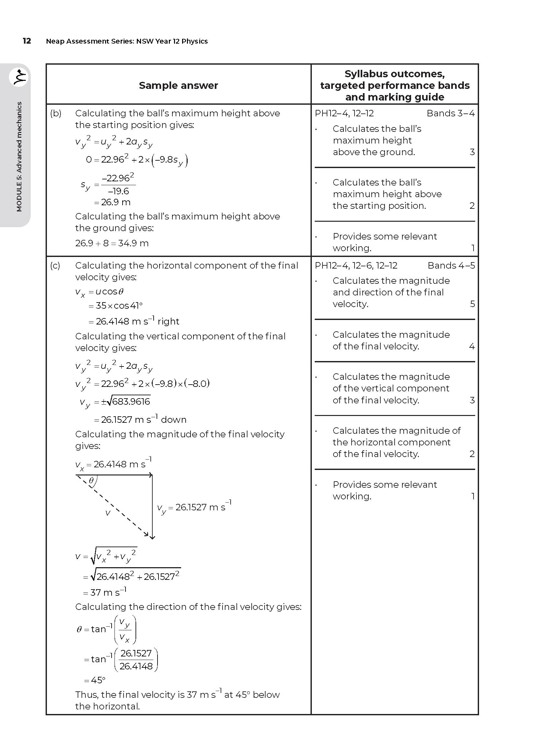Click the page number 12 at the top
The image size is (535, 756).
point(27,41)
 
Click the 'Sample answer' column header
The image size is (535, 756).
point(178,85)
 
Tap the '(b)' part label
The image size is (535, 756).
point(56,113)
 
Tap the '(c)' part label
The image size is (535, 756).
point(55,265)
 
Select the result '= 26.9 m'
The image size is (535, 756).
point(112,202)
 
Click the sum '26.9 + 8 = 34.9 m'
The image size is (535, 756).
point(112,243)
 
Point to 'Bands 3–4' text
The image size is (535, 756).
point(450,113)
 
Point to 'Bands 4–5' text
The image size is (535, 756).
point(451,265)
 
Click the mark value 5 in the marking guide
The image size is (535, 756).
point(472,304)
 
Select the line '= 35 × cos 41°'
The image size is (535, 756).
point(115,306)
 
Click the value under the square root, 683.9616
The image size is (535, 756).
point(131,401)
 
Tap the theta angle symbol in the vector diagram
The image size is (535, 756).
point(92,481)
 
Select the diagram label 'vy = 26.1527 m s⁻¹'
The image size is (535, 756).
point(194,507)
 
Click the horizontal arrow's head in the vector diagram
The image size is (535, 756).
point(150,475)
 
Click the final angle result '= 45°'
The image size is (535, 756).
point(94,680)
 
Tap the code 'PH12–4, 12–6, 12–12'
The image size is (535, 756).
point(356,265)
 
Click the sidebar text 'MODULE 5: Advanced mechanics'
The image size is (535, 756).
point(19,157)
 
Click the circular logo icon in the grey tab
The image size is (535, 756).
point(19,77)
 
